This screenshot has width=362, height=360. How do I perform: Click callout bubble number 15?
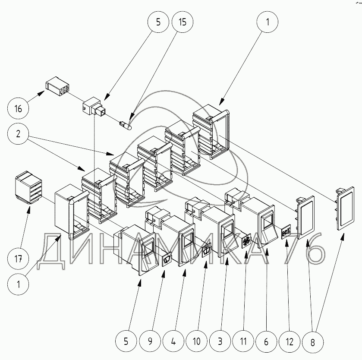tap(183, 22)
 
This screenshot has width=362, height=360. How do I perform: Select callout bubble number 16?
tap(18, 108)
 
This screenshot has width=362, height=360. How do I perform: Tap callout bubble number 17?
tap(18, 259)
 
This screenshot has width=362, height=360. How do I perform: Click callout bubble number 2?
tap(18, 134)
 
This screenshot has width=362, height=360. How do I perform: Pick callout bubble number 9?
tap(150, 341)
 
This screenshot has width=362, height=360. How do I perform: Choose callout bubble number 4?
tap(173, 341)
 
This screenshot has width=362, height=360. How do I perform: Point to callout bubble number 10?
tap(197, 341)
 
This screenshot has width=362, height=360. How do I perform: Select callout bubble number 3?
tap(220, 341)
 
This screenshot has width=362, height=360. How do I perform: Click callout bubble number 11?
tap(243, 341)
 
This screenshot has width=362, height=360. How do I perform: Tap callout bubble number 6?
tap(266, 341)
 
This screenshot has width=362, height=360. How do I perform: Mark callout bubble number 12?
tap(290, 341)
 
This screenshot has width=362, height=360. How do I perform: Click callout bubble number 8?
tap(312, 342)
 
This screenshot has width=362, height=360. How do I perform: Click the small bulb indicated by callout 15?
tap(126, 125)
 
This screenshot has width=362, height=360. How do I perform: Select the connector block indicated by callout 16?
tap(58, 86)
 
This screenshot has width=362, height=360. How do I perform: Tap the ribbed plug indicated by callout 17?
tap(28, 187)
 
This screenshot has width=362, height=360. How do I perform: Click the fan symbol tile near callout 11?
tap(246, 241)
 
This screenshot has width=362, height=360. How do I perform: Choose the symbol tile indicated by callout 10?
tap(207, 250)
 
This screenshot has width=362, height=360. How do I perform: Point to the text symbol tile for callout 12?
tap(286, 231)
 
